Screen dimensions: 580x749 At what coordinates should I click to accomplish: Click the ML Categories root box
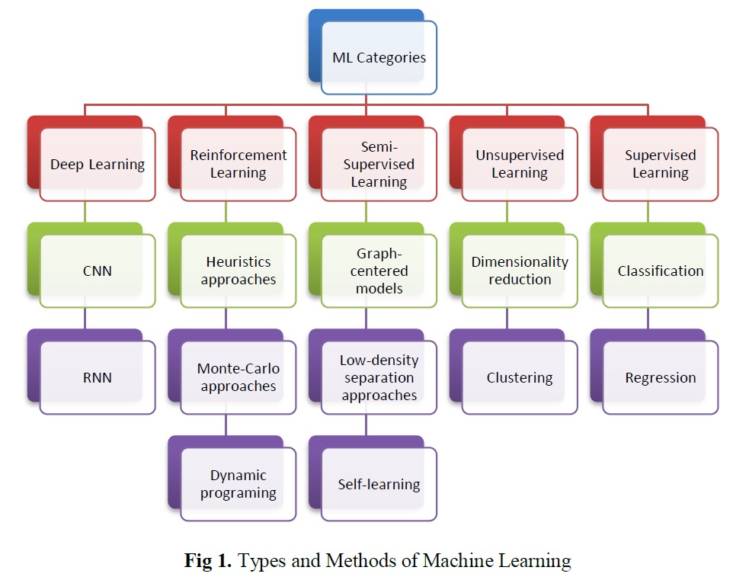(379, 57)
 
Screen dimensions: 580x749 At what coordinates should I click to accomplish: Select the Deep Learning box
(97, 164)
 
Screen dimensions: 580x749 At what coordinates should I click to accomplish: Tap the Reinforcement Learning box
(238, 164)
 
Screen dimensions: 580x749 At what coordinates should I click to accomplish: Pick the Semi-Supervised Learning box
(379, 164)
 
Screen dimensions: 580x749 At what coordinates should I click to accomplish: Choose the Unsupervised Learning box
(520, 164)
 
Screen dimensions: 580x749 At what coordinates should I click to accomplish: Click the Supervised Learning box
(661, 164)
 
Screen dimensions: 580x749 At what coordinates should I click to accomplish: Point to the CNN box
(97, 271)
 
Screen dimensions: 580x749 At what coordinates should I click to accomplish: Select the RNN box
(97, 377)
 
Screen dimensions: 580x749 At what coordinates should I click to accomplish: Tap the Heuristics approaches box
(238, 271)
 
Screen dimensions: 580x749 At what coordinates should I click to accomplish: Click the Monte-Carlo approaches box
(238, 377)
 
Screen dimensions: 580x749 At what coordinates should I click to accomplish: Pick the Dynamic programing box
(238, 484)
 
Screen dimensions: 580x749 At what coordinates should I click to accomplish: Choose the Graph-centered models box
(379, 271)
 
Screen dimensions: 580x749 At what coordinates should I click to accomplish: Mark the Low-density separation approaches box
(379, 377)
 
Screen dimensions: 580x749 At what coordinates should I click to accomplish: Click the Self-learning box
(379, 484)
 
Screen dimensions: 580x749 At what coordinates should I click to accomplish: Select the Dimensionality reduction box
(520, 271)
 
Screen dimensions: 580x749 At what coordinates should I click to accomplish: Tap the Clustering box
(520, 377)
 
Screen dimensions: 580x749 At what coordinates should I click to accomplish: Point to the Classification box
(661, 271)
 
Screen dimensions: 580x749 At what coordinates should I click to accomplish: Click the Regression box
(661, 377)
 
